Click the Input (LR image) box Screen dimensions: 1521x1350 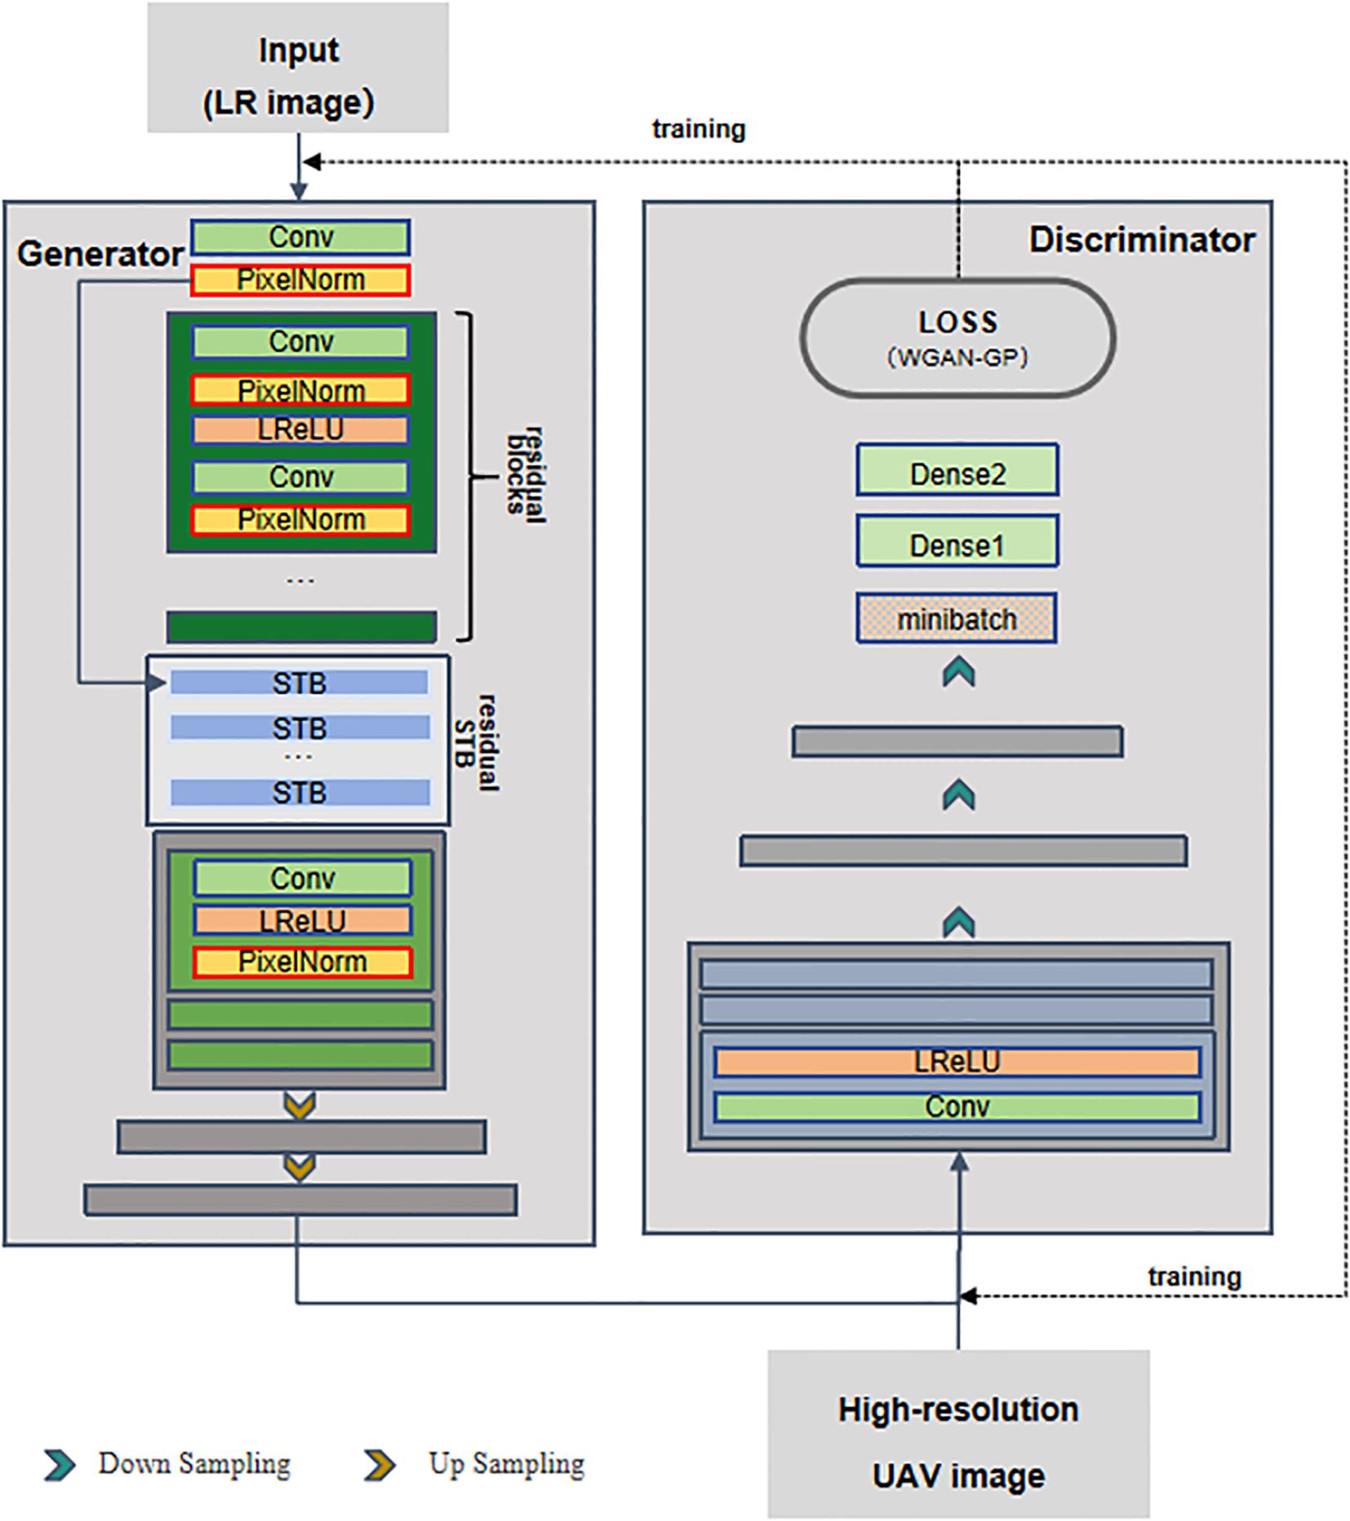[x=298, y=68]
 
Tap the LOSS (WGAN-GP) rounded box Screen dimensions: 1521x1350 [x=957, y=338]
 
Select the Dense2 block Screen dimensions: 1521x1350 [x=957, y=470]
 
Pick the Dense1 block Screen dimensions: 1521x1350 [x=957, y=541]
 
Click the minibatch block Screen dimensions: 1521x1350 [x=957, y=619]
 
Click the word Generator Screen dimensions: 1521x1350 [x=100, y=254]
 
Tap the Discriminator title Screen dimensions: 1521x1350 [x=1141, y=240]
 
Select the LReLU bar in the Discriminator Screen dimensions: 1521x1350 [x=957, y=1062]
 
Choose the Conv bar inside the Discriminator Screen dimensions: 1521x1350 [x=957, y=1108]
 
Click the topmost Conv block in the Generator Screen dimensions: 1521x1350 [x=300, y=238]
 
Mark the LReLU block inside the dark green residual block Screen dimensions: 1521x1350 [x=300, y=430]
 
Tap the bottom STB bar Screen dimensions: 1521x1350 [x=300, y=793]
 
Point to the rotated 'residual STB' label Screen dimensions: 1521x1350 [x=476, y=743]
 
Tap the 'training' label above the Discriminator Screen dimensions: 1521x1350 [x=698, y=129]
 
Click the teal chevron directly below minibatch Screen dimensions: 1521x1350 [x=958, y=673]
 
